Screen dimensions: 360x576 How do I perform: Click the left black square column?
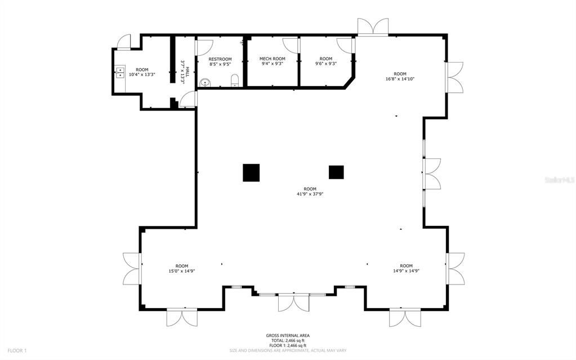[x=251, y=172]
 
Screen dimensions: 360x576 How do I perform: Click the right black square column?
[x=336, y=172]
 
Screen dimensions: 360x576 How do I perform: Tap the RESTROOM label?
[x=220, y=59]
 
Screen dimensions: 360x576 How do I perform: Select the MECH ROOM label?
[x=272, y=59]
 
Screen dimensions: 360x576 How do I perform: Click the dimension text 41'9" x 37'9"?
[x=310, y=194]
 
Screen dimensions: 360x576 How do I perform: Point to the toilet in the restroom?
[x=235, y=80]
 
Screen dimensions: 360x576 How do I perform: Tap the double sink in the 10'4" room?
[x=120, y=72]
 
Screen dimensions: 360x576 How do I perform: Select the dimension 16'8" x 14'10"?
[x=400, y=79]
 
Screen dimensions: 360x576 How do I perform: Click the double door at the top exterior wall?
[x=373, y=26]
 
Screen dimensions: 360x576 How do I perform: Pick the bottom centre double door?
[x=293, y=302]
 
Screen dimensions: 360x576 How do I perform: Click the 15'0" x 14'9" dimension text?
[x=181, y=271]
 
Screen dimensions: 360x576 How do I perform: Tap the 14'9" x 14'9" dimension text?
[x=406, y=271]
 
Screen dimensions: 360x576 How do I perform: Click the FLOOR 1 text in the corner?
[x=17, y=350]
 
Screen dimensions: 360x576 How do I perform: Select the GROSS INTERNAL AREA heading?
[x=288, y=336]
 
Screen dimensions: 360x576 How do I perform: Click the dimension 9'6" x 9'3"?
[x=325, y=64]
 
